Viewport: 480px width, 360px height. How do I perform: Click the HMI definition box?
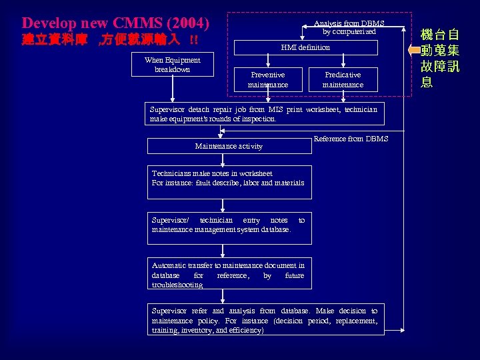[x=305, y=48]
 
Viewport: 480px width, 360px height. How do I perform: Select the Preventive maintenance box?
[x=268, y=80]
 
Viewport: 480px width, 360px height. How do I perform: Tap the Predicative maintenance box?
[x=343, y=80]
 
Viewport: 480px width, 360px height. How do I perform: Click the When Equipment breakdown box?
[x=172, y=65]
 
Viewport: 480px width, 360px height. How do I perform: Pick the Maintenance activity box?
[x=229, y=146]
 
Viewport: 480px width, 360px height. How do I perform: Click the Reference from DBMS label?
[x=351, y=139]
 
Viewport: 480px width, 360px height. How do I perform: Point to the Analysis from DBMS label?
[x=349, y=23]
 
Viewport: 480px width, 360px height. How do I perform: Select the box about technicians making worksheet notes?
[x=229, y=182]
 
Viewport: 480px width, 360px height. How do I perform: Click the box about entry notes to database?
[x=229, y=225]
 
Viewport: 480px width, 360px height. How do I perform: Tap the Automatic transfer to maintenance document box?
[x=229, y=274]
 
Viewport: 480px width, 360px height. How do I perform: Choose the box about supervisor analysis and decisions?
[x=265, y=320]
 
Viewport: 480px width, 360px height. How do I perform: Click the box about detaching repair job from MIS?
[x=265, y=114]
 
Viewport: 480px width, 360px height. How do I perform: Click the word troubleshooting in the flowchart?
[x=177, y=285]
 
